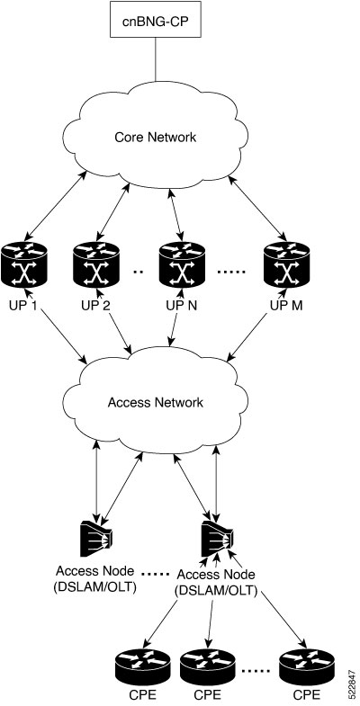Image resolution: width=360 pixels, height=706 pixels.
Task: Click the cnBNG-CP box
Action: point(156,21)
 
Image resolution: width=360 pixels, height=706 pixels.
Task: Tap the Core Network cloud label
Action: point(156,137)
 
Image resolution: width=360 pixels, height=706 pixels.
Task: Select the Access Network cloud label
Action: point(156,402)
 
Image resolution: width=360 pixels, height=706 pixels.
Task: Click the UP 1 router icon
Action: point(24,264)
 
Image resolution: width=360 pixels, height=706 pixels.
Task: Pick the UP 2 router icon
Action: point(96,264)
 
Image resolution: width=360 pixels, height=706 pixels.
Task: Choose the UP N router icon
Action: point(182,264)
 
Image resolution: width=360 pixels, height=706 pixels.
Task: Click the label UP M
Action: point(286,305)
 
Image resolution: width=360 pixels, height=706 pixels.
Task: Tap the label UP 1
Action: point(22,305)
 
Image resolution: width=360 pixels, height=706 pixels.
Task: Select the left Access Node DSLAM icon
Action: point(95,538)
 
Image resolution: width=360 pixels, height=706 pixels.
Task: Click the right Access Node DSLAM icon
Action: point(218,538)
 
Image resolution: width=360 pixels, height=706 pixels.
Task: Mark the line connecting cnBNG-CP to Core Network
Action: point(156,59)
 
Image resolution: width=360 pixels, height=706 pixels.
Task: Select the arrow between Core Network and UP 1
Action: point(55,204)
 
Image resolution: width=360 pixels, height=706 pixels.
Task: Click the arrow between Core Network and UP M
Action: point(258,207)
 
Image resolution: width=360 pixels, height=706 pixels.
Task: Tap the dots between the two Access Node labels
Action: point(156,574)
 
